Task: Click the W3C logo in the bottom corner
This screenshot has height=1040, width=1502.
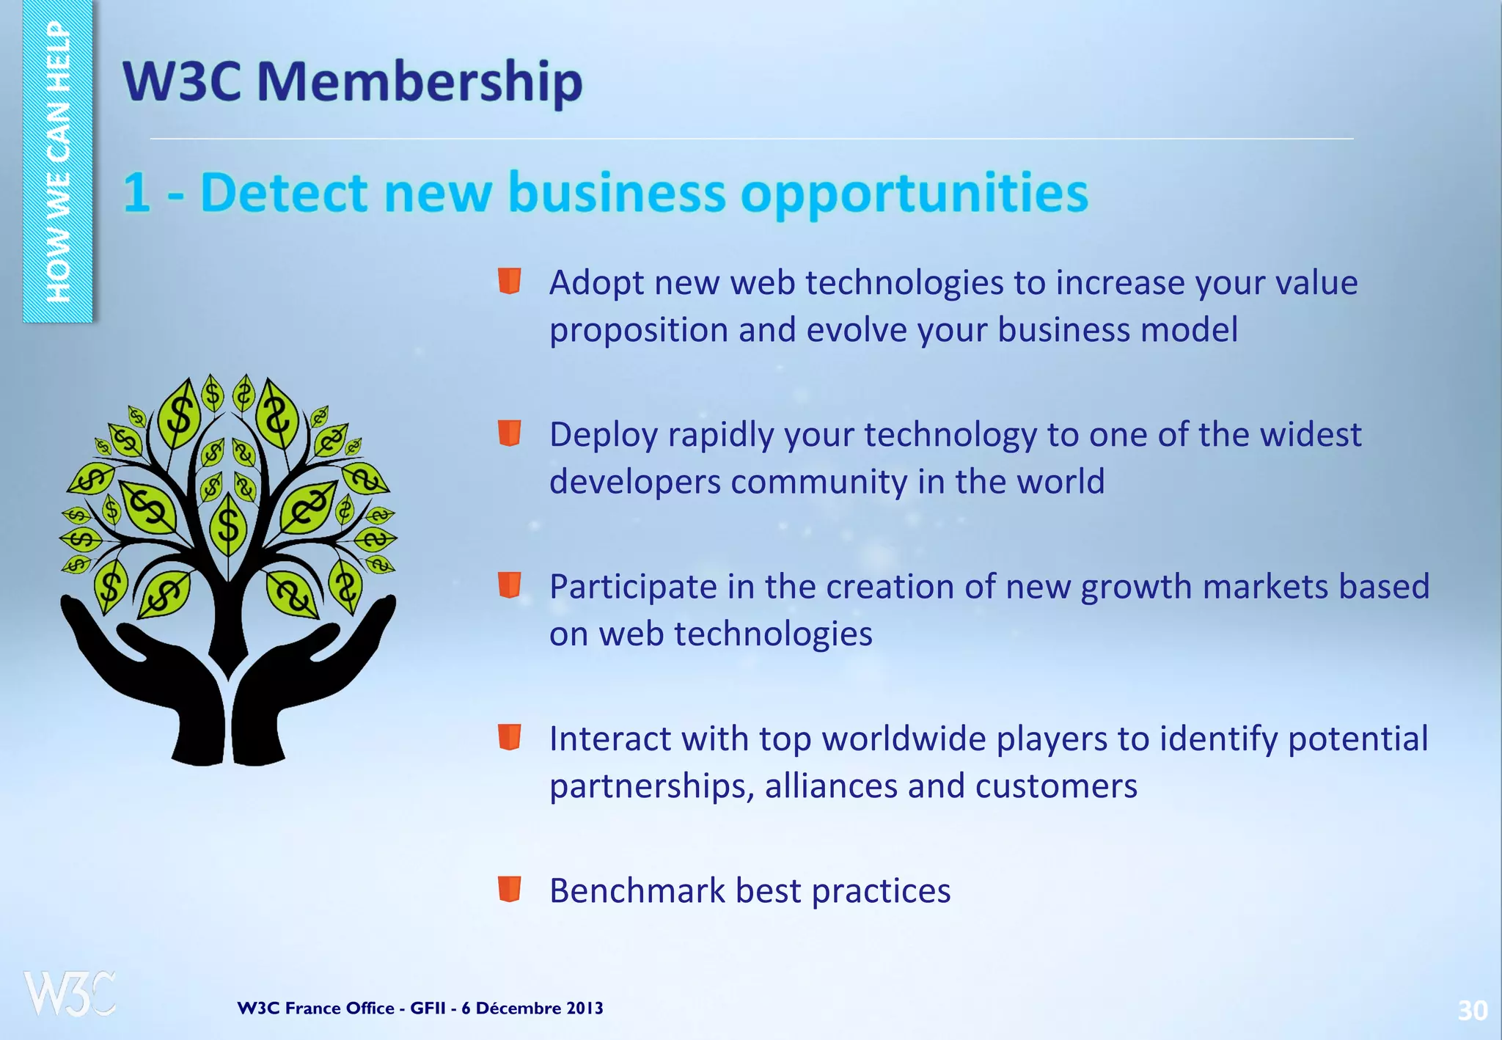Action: point(70,994)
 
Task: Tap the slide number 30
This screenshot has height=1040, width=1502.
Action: point(1472,1011)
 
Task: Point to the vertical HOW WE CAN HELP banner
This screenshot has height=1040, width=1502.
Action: point(58,161)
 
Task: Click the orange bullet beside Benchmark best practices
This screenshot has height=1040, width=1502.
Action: point(509,888)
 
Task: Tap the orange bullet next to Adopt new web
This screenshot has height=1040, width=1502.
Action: point(509,281)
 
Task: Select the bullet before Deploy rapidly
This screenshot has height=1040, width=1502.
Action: point(509,433)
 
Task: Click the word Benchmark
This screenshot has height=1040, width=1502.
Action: point(637,891)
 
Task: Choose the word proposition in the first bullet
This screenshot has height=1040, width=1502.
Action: point(638,330)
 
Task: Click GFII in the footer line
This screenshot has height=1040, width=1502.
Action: point(427,1008)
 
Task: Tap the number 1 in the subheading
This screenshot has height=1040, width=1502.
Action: point(136,193)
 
